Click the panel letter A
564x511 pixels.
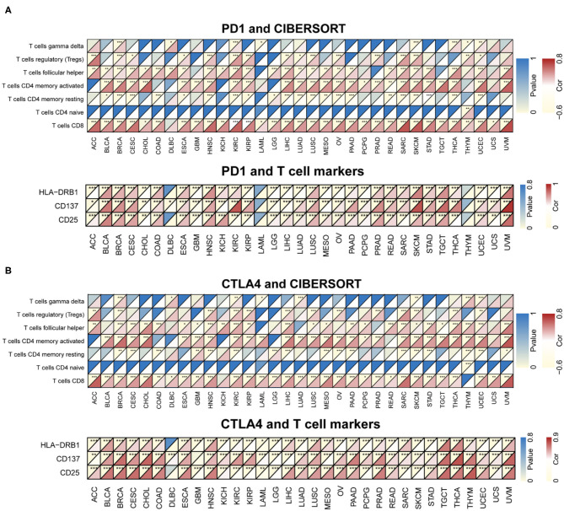(7, 7)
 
